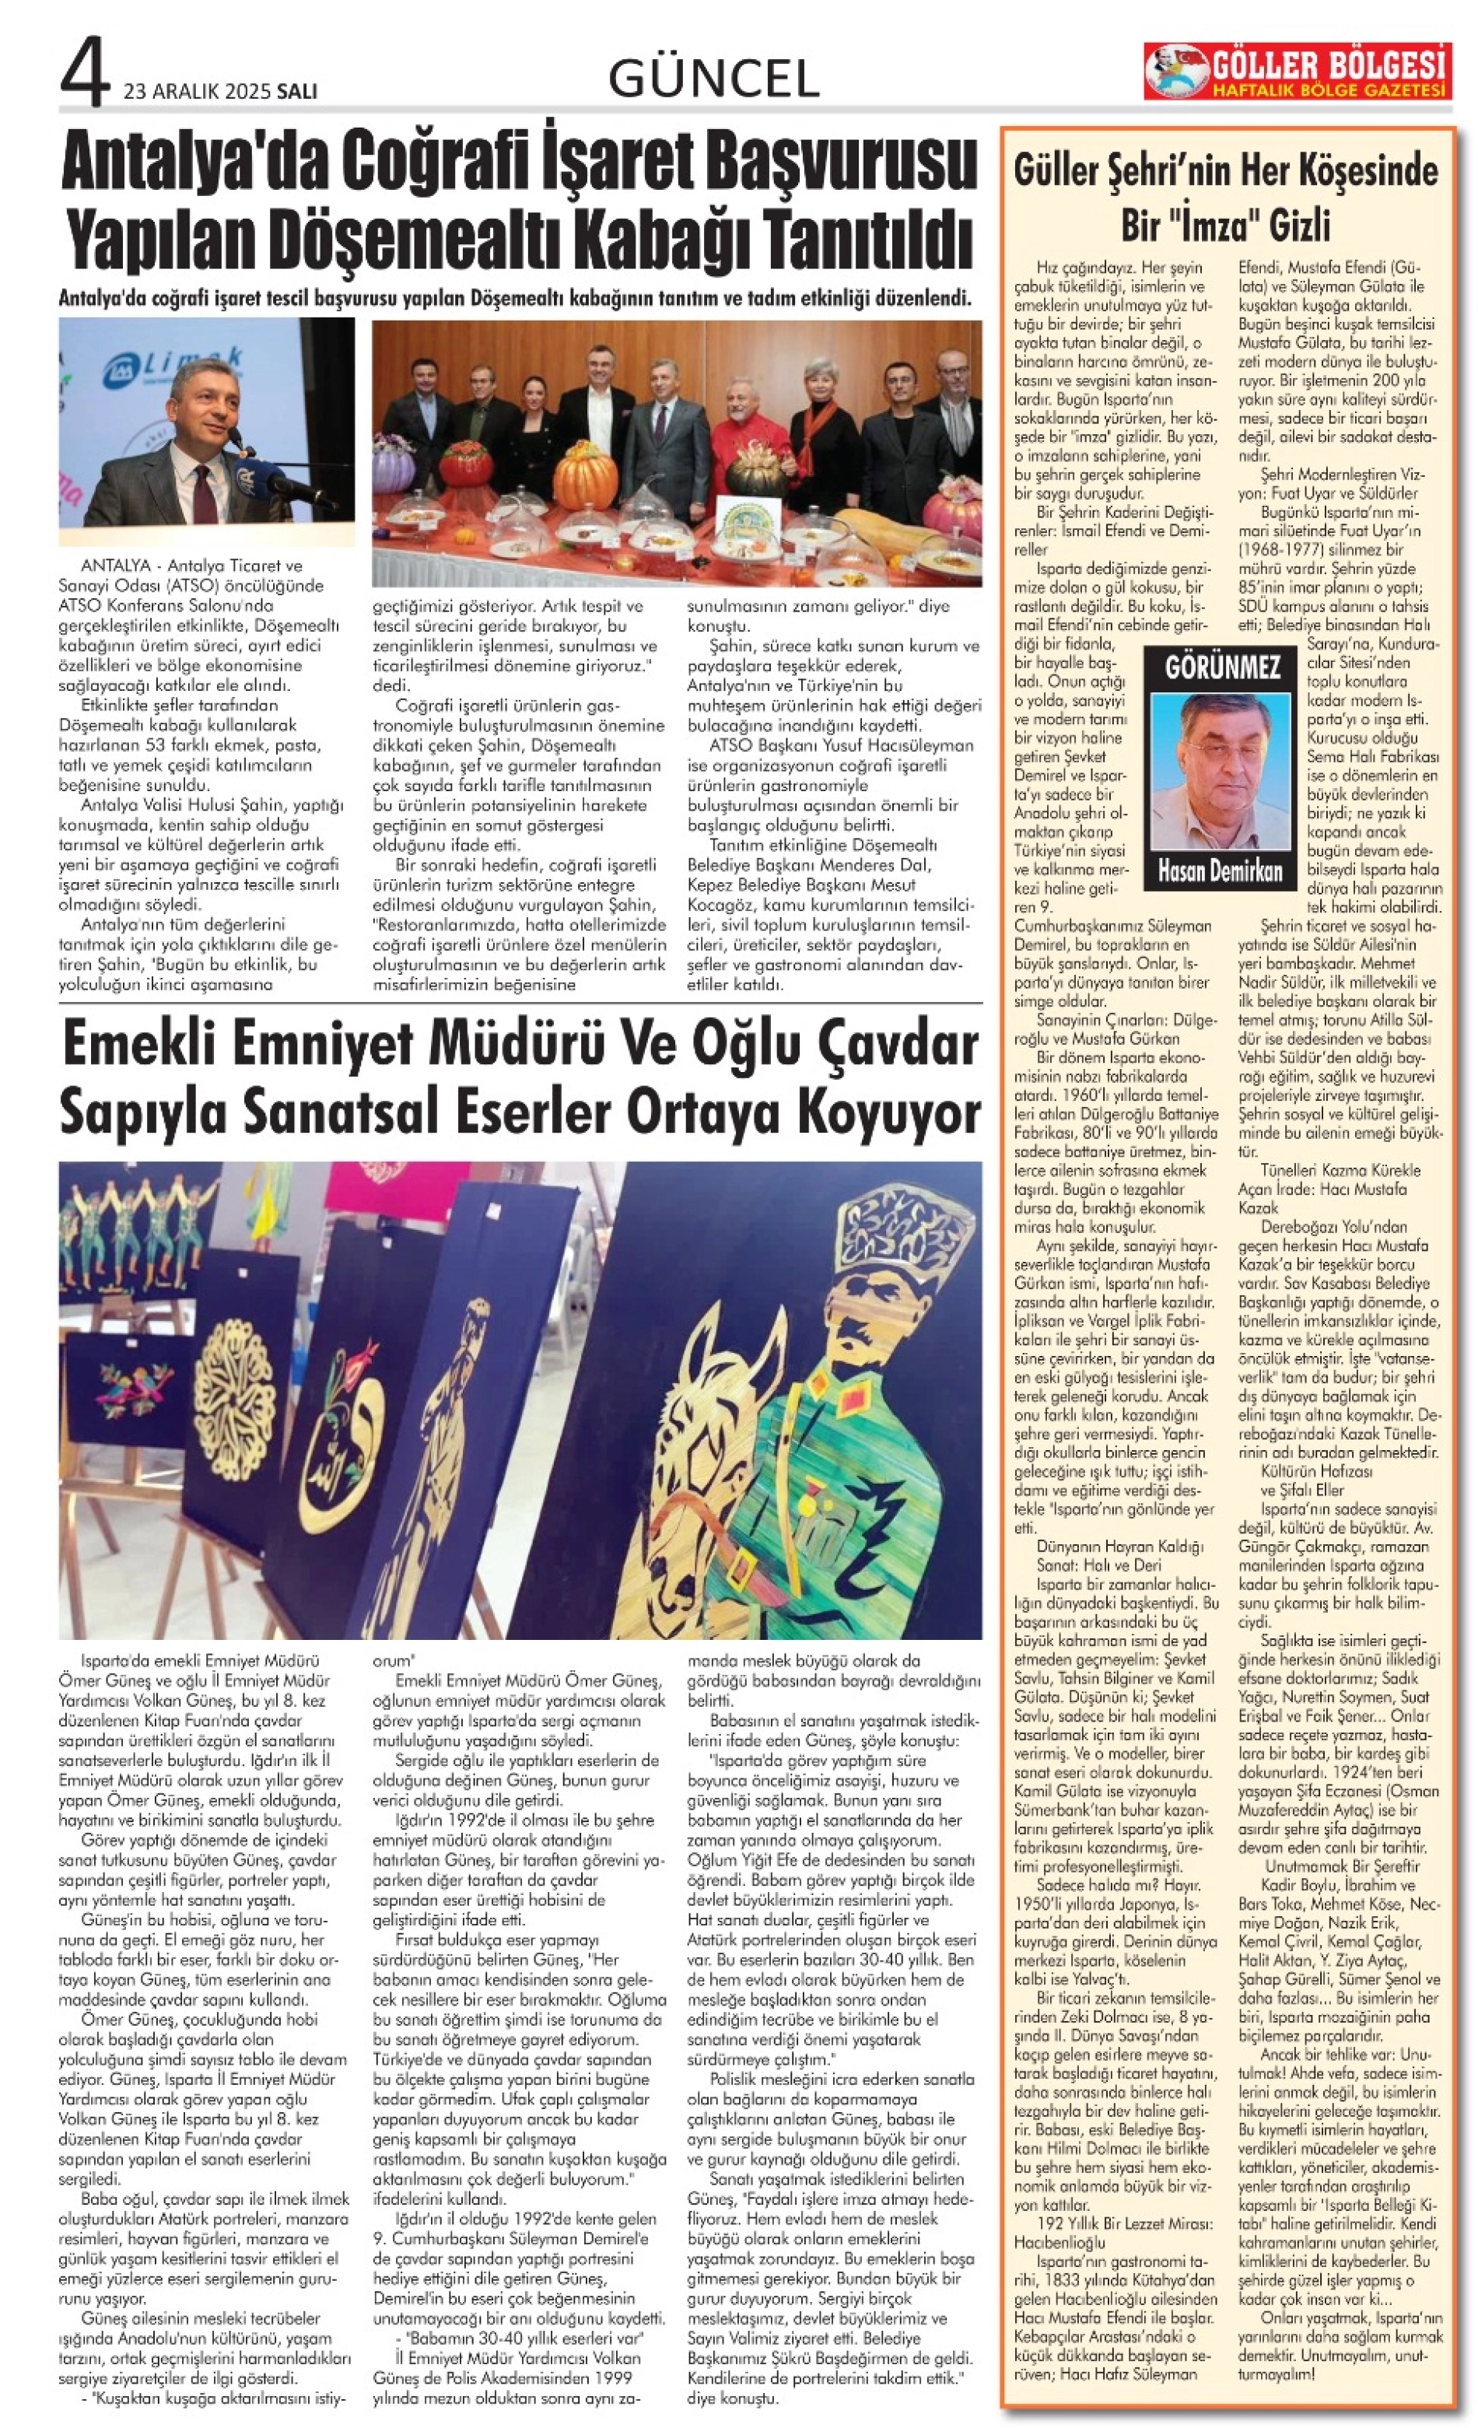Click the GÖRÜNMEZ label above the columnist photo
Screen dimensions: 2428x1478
[x=1222, y=667]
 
